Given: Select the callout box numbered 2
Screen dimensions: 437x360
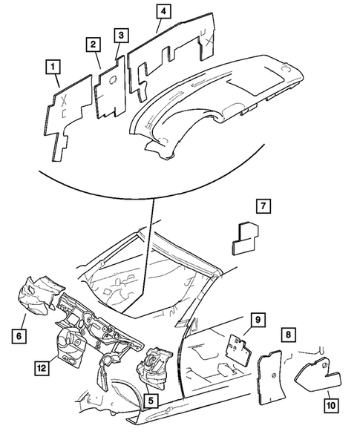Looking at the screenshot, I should point(94,45).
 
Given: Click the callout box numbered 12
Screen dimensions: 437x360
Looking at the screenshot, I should point(42,367).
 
